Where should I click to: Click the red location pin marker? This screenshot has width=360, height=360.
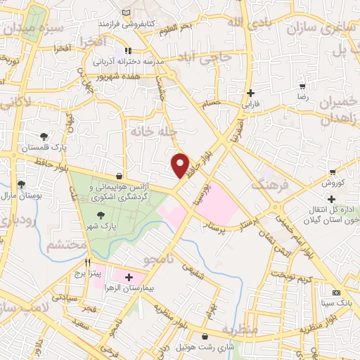pos(181,165)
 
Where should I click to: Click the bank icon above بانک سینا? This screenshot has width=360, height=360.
pos(336,292)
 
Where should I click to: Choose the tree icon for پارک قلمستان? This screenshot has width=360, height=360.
pos(44,136)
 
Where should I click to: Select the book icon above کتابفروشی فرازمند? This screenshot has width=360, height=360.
pos(126,13)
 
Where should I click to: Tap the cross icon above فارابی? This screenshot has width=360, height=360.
pos(250,93)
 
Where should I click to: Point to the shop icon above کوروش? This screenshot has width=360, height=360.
pos(333,172)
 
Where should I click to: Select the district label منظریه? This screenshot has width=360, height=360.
pos(240,329)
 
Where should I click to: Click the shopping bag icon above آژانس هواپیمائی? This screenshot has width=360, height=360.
pos(119,175)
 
